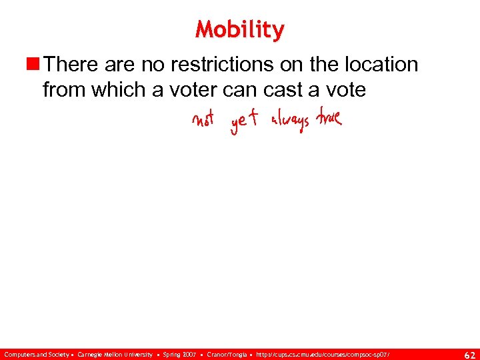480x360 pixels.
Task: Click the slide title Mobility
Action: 240,30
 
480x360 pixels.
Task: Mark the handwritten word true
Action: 329,119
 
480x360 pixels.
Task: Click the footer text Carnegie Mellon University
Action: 115,353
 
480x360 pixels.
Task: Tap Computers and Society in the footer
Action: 35,353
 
